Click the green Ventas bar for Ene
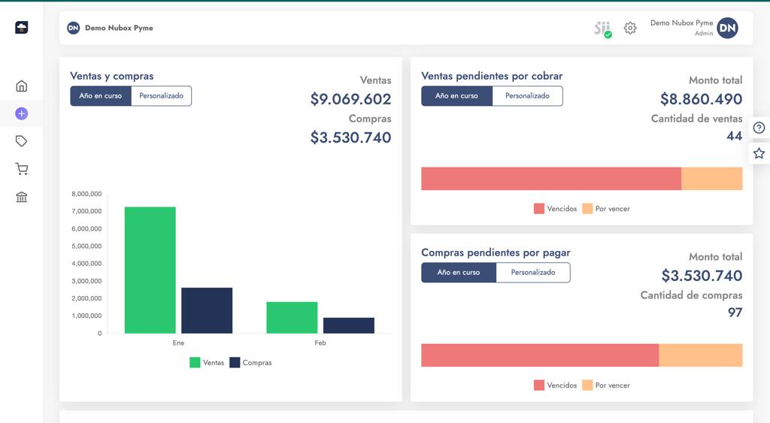[150, 270]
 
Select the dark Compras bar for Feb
[349, 325]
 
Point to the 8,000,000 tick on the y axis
[86, 194]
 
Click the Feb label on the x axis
[320, 343]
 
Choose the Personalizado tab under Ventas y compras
[161, 96]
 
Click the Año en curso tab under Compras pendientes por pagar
[458, 273]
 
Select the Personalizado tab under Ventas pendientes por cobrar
[527, 96]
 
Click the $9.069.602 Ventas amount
[350, 99]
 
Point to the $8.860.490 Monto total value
[701, 99]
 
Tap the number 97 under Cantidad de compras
[735, 313]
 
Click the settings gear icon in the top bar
[630, 28]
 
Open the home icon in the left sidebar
[22, 86]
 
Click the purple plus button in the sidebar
[21, 114]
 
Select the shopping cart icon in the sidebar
[22, 169]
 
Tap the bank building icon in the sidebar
[22, 197]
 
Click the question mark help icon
[759, 128]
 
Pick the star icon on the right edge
[759, 153]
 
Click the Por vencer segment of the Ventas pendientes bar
[711, 179]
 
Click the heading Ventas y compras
[112, 76]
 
